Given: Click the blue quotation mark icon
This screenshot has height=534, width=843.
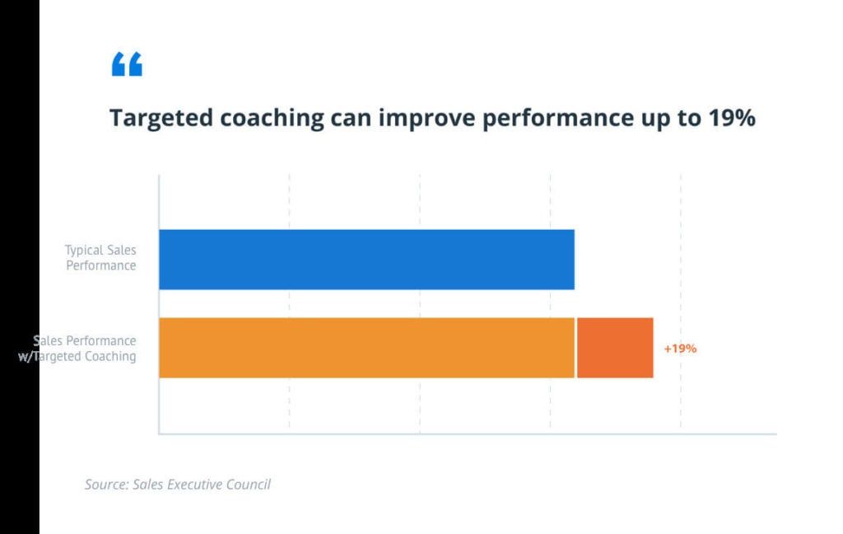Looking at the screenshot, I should tap(127, 64).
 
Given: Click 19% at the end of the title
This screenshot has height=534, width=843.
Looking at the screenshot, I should tap(732, 118).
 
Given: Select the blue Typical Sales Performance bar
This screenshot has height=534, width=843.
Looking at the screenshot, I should tap(366, 260).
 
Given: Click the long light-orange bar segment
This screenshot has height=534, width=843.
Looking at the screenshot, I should tap(366, 348).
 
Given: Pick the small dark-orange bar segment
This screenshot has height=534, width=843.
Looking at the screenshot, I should tap(615, 348).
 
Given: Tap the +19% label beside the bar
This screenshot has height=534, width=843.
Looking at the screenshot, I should tap(680, 349).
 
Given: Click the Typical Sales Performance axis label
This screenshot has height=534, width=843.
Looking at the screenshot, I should tap(101, 258).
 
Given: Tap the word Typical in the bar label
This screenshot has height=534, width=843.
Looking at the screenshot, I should tap(83, 250).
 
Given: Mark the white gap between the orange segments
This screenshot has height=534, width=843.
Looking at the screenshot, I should tap(575, 348).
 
